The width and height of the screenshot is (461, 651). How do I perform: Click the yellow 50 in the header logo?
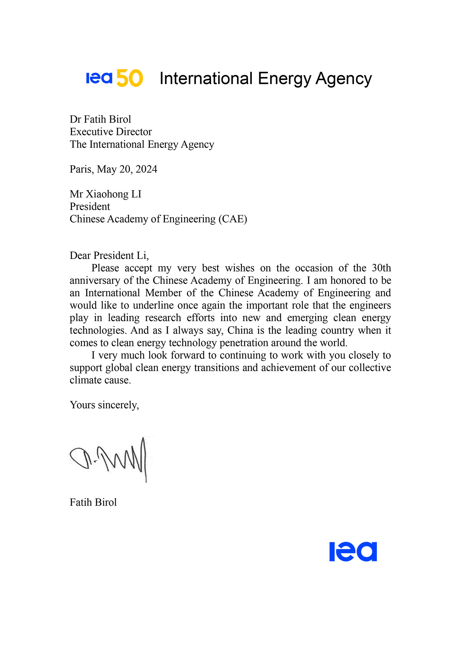tap(130, 78)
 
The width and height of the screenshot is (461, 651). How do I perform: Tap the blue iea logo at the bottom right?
tap(353, 551)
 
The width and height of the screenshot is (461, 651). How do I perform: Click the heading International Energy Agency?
tap(265, 78)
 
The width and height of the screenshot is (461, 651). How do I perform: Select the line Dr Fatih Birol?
tap(100, 119)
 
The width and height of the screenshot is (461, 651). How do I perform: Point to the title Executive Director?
tap(111, 132)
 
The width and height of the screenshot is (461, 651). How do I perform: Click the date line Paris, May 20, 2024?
tap(113, 169)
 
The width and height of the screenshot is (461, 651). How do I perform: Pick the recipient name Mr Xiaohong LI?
tap(106, 194)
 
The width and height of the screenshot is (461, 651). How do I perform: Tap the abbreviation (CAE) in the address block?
tap(233, 219)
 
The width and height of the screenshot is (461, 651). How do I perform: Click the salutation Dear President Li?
tap(109, 255)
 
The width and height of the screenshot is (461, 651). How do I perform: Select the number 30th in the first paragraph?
tap(381, 268)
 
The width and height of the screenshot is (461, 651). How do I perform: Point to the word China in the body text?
tap(240, 330)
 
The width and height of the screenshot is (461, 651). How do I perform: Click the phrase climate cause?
tap(100, 380)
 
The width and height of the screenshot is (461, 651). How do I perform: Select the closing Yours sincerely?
tap(104, 405)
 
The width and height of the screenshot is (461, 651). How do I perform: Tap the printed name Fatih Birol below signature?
tap(93, 502)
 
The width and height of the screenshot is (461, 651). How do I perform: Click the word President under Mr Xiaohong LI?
tap(90, 206)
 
